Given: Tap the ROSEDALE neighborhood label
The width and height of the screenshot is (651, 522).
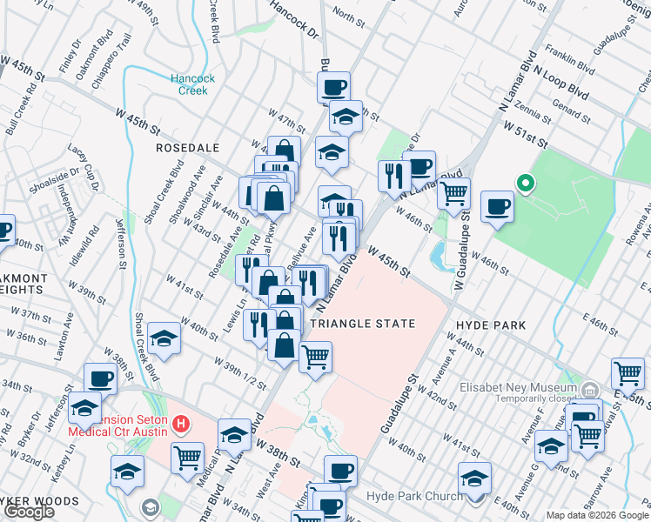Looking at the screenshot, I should pos(187,148).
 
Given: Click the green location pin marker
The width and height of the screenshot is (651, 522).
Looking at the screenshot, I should pos(525,184).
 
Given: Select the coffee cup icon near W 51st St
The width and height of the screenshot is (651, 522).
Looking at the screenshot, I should pos(497,206).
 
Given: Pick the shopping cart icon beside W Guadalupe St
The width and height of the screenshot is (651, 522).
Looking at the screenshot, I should pos(453,194).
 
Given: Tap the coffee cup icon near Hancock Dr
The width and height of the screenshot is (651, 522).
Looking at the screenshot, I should pos(333,86).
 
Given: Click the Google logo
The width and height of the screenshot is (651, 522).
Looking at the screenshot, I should pos(30,512).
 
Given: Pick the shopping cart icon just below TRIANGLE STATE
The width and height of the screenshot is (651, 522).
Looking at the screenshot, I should pos(315,355).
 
